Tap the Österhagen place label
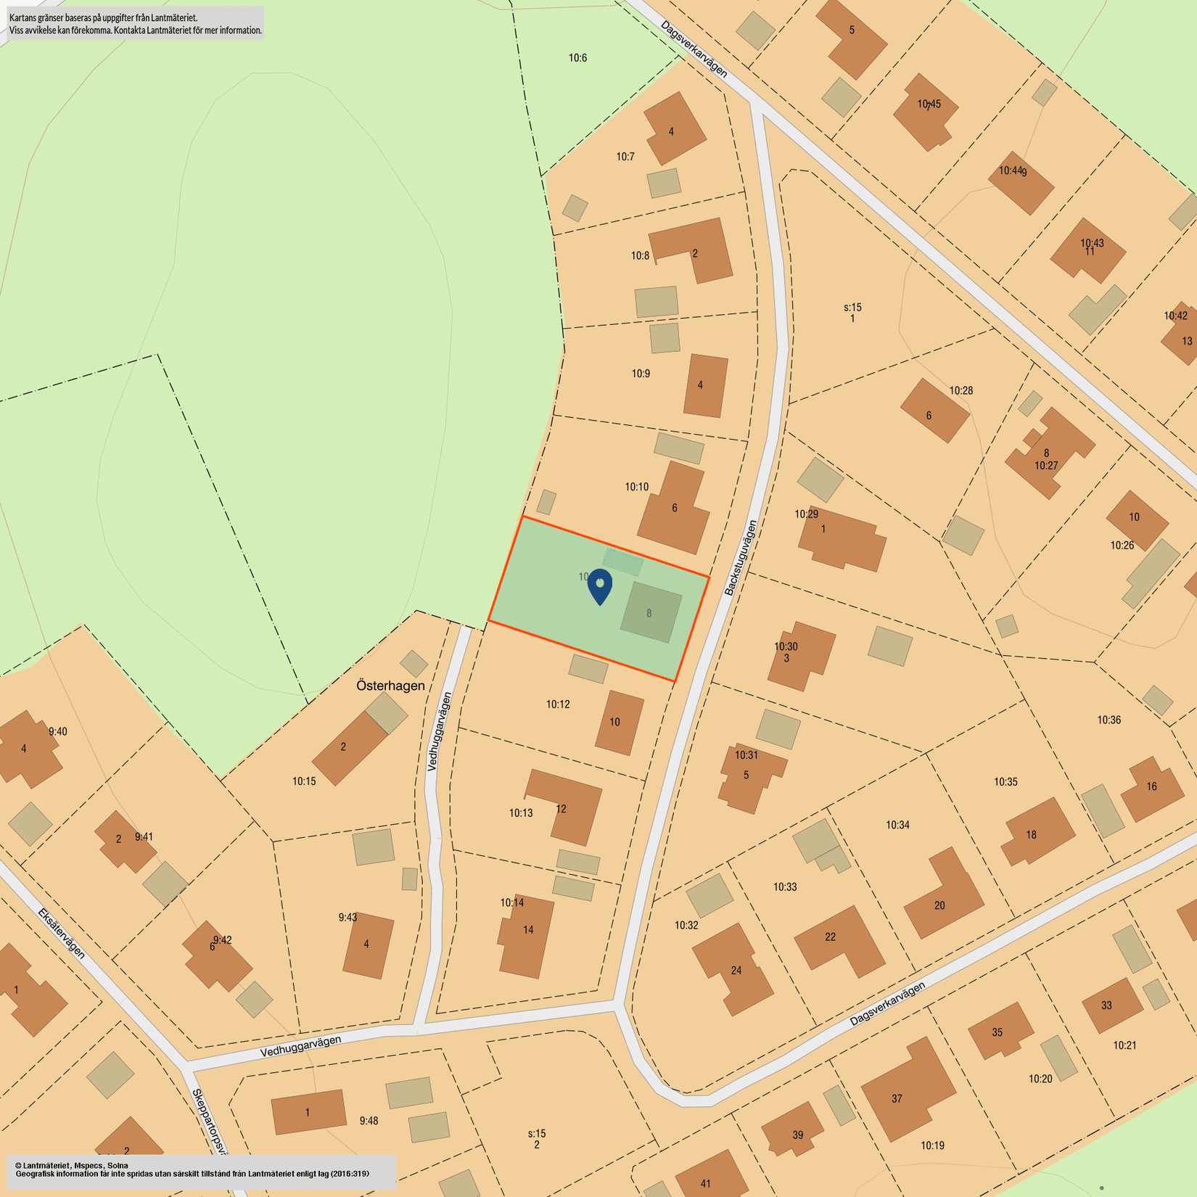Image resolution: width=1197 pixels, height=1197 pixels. tap(390, 686)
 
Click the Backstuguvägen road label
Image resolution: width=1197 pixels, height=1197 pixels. tap(741, 558)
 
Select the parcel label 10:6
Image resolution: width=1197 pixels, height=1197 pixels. tap(577, 58)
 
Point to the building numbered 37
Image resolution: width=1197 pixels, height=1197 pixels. tap(907, 1088)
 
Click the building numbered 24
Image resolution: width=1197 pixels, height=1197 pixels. tap(733, 969)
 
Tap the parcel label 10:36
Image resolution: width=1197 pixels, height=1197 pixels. tap(1108, 720)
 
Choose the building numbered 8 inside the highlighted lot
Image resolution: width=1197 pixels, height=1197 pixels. tap(651, 612)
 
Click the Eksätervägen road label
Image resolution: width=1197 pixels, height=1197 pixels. tap(62, 933)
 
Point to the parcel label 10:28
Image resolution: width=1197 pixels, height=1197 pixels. tap(961, 391)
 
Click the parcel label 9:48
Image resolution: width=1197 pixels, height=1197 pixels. tap(369, 1121)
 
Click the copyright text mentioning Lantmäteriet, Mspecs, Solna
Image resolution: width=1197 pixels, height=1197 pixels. tap(72, 1165)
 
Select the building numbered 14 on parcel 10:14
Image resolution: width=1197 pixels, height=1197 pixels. tap(525, 936)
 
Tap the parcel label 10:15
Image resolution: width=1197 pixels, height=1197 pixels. tap(304, 781)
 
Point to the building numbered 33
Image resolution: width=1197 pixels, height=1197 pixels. tap(1111, 1005)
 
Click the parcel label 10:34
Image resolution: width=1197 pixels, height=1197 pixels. tap(897, 825)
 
